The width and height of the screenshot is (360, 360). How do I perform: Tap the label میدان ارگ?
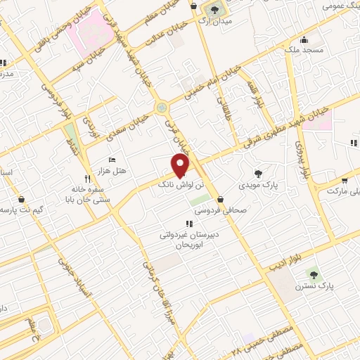pyautogui.click(x=212, y=22)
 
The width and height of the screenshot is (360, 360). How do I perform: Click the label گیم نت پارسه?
pyautogui.click(x=18, y=210)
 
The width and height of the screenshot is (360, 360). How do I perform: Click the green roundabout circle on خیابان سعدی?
pyautogui.click(x=162, y=108)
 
